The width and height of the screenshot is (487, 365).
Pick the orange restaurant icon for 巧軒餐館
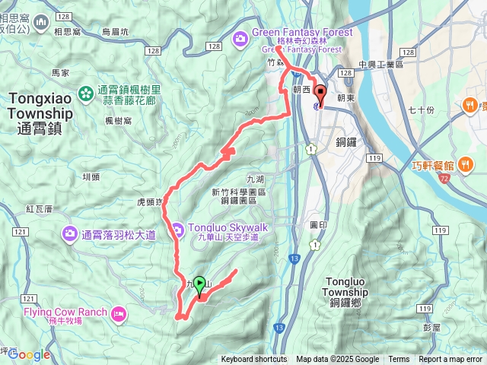point(465,166)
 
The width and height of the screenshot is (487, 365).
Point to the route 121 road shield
point(21,232)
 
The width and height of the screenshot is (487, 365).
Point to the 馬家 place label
point(60,73)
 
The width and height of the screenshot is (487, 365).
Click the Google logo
point(29,354)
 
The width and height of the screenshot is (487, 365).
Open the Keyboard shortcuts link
point(254,360)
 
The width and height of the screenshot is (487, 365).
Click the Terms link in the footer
point(399,360)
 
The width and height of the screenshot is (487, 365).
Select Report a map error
point(451,360)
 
